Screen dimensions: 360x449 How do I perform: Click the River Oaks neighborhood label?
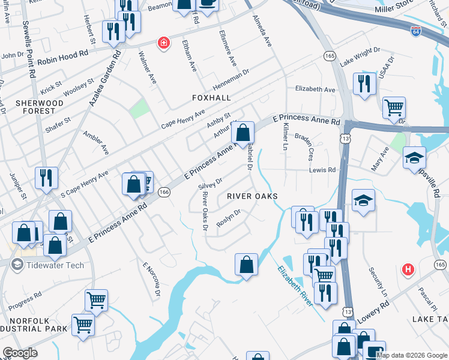click(x=252, y=196)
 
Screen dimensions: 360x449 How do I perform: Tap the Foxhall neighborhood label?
click(x=211, y=97)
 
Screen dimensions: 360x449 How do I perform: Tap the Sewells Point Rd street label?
click(x=28, y=46)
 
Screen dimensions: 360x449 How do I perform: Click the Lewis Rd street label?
click(x=322, y=170)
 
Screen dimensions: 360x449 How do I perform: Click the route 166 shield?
click(x=163, y=192)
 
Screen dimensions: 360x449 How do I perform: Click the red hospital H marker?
click(x=409, y=269)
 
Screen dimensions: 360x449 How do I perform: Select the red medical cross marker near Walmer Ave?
click(x=163, y=43)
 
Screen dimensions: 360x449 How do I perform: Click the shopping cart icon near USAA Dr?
click(x=394, y=108)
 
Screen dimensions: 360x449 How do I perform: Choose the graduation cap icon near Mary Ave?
click(x=414, y=158)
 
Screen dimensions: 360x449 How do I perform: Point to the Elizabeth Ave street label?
click(x=315, y=89)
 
